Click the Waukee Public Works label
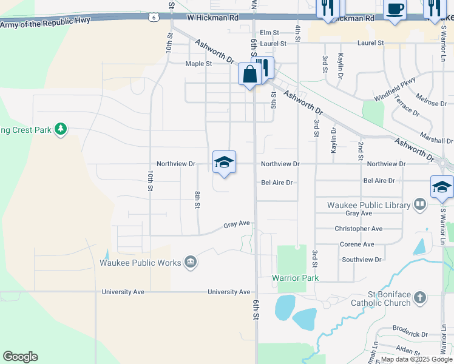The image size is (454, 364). (x=140, y=263)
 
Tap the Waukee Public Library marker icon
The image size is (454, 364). (x=419, y=204)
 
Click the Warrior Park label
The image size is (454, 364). (x=295, y=278)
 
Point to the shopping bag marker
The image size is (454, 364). (x=249, y=75)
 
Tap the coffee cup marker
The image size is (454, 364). (x=395, y=10)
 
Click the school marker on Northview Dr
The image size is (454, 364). (x=224, y=162)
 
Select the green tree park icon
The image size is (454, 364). (x=60, y=129)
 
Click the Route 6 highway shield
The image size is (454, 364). (x=155, y=18)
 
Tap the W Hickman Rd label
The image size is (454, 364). (x=212, y=18)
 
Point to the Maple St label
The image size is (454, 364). (x=198, y=64)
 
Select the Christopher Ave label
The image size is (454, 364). (x=359, y=229)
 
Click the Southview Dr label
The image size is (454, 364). (x=361, y=260)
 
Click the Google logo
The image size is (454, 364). (x=20, y=357)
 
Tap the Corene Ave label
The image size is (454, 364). (x=357, y=244)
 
